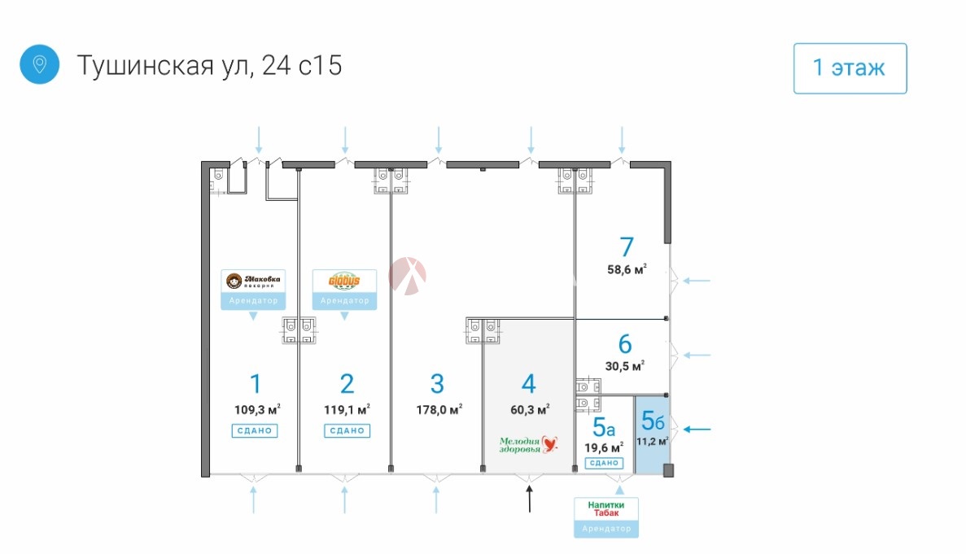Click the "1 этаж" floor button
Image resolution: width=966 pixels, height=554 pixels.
pos(850,68)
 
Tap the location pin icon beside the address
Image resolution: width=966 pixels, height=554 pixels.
pos(39,64)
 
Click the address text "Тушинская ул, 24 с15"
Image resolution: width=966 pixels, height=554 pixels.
pos(209,65)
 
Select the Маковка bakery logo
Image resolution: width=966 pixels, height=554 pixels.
pos(253,281)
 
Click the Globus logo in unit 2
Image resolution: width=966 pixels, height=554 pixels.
pos(344,281)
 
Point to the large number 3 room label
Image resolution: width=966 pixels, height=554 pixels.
pos(437,382)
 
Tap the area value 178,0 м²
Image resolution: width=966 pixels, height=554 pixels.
pos(439,408)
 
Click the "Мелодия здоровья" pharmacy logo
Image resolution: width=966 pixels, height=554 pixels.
pos(530,444)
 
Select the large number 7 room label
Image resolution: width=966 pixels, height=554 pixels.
pos(626,246)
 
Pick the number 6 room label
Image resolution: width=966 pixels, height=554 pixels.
pos(625,343)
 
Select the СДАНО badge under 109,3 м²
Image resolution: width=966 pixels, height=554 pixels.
pos(254,430)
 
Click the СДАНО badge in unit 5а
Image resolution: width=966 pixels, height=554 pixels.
pos(604,463)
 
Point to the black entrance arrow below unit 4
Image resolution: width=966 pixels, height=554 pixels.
pos(530,499)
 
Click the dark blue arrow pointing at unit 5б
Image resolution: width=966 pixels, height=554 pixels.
pos(698,429)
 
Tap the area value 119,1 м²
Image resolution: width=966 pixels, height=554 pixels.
pos(347,408)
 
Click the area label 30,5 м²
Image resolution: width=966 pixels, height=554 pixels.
pos(625,366)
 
